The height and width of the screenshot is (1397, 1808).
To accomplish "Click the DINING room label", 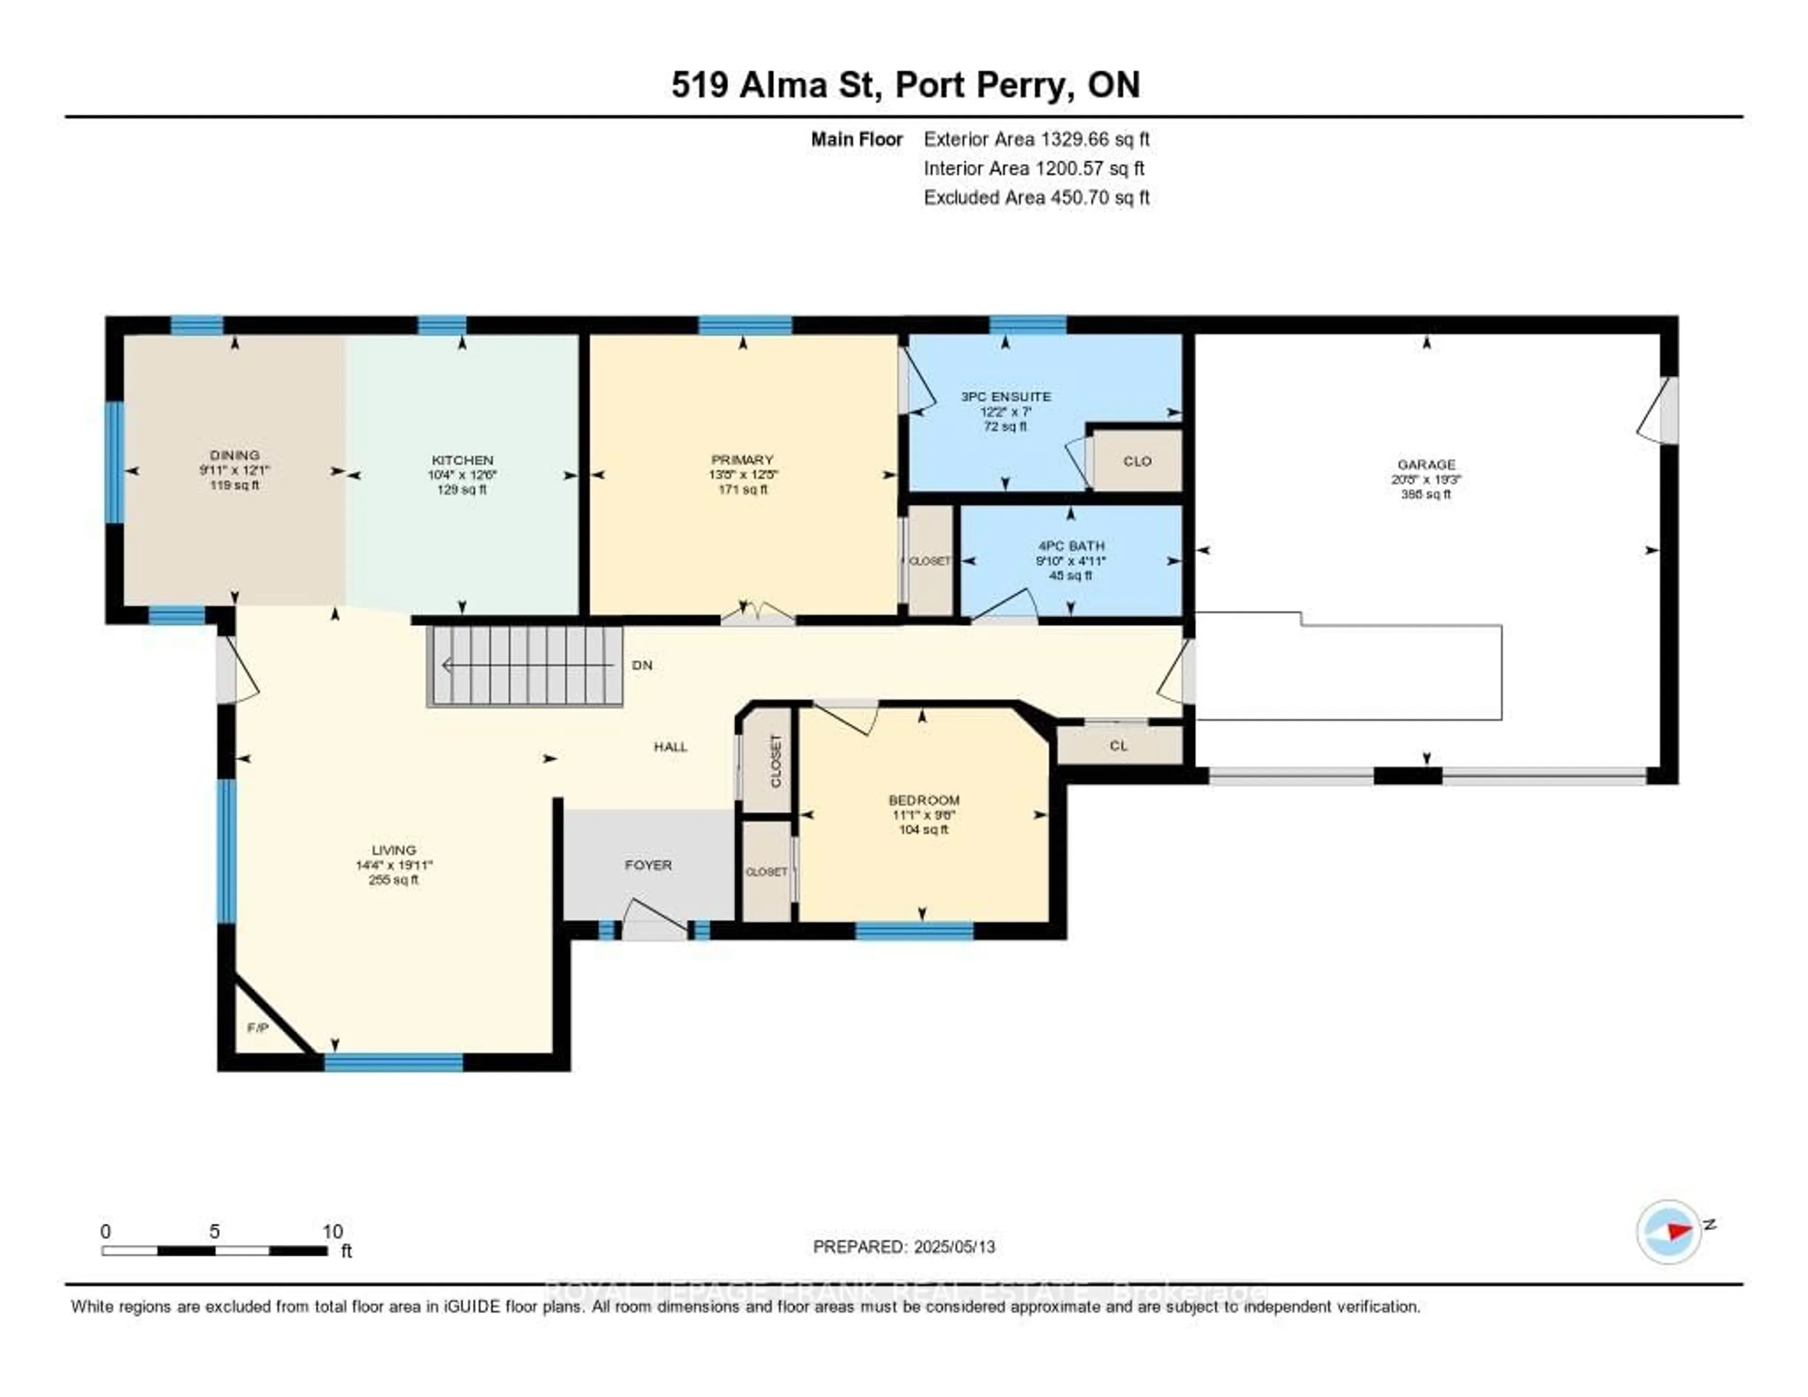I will click(x=234, y=455).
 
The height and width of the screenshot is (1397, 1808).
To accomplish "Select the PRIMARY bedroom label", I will click(x=743, y=460).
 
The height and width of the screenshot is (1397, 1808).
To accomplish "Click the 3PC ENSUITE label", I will click(x=1005, y=397).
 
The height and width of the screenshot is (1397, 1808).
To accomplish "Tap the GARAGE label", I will click(x=1426, y=464).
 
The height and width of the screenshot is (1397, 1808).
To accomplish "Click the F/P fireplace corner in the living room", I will click(x=258, y=1028).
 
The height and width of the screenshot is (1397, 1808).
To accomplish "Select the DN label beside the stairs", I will click(x=642, y=665).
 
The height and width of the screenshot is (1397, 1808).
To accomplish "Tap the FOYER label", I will click(x=648, y=865).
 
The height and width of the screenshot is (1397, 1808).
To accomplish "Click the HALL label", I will click(x=670, y=747).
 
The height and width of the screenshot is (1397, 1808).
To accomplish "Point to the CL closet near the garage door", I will click(x=1118, y=745).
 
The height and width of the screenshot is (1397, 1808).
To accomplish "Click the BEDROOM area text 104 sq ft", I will click(x=923, y=830).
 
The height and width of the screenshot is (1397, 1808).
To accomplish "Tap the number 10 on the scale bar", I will click(x=332, y=1231).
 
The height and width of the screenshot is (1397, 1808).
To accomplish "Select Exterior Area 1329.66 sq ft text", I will click(x=1036, y=139).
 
